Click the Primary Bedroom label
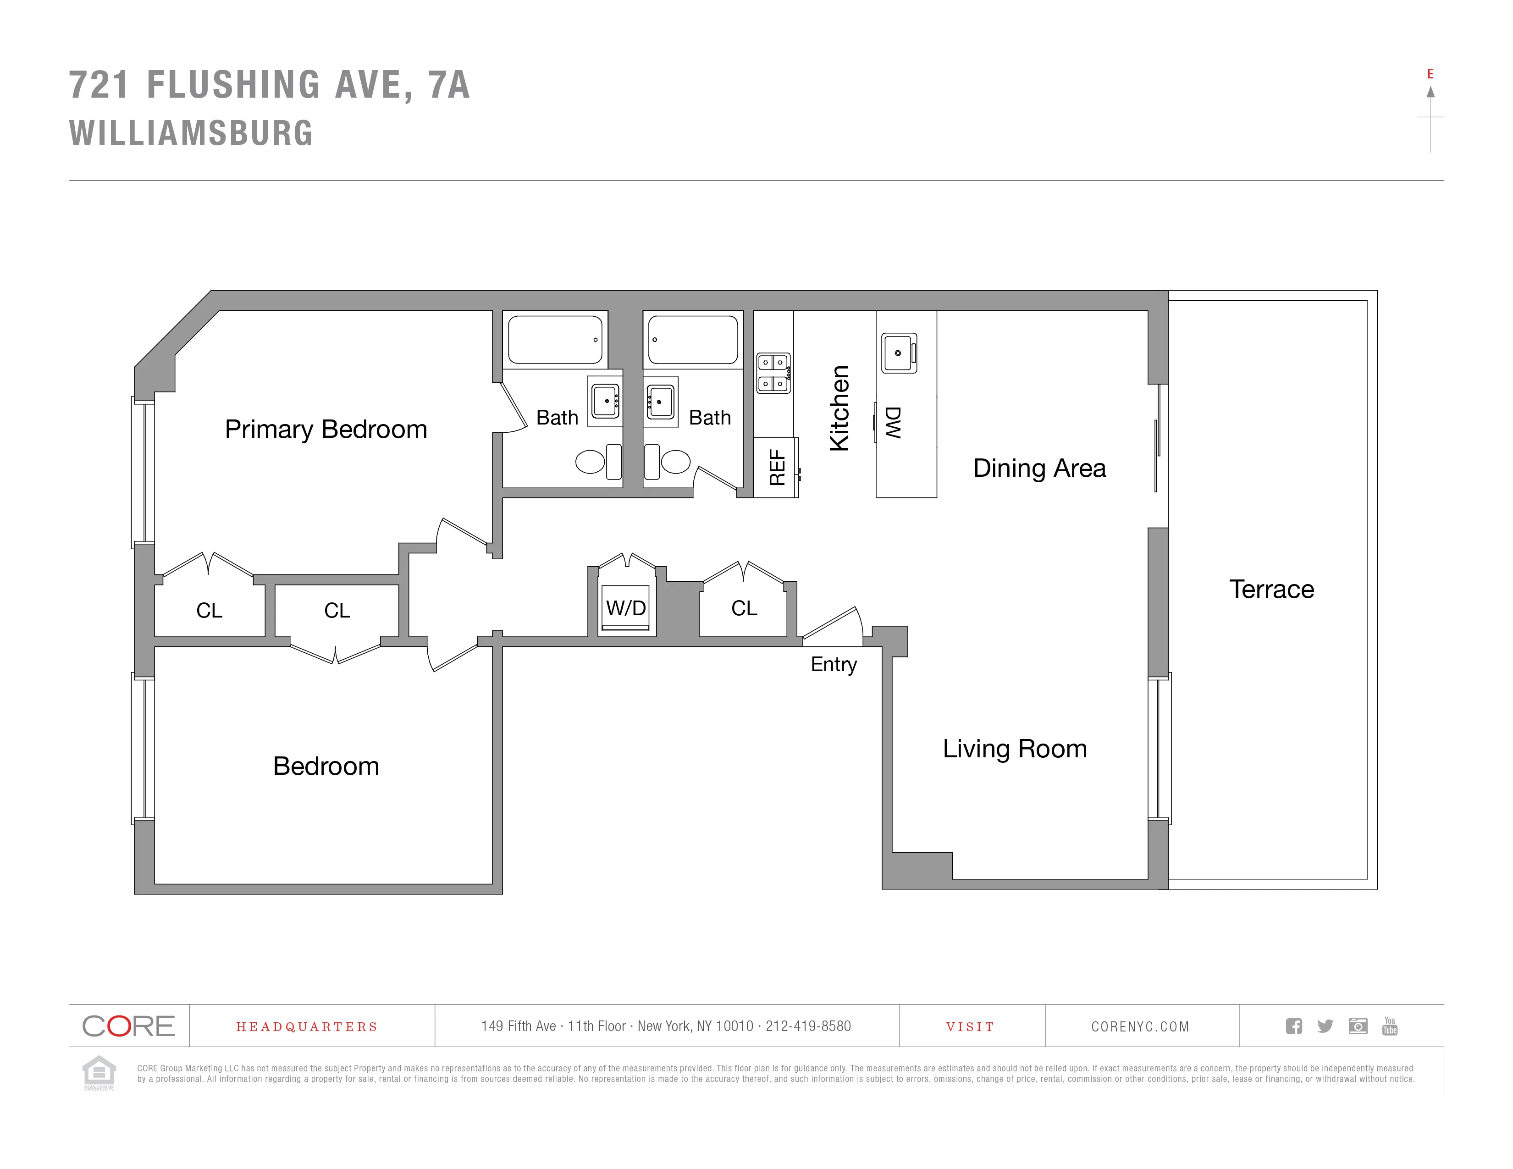[x=326, y=430]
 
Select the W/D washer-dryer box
[x=626, y=608]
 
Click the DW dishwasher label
[x=893, y=423]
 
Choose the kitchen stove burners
[x=773, y=373]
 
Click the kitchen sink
[x=899, y=353]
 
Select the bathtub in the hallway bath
[x=693, y=339]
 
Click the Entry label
[x=834, y=664]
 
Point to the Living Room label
[x=1014, y=749]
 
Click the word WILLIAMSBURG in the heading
[x=191, y=133]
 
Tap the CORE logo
[x=129, y=1026]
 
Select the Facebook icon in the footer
[x=1293, y=1026]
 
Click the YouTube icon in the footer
[x=1389, y=1026]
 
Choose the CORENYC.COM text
[x=1140, y=1026]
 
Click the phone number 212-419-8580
[x=808, y=1026]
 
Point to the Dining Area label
[x=1039, y=468]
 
